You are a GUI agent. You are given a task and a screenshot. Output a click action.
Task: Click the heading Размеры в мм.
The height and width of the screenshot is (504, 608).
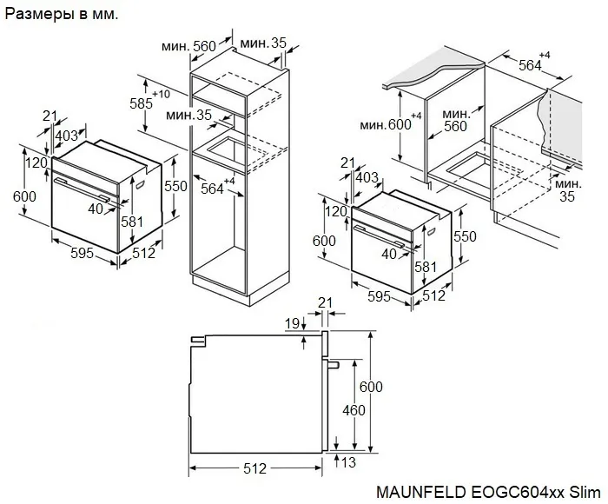63,15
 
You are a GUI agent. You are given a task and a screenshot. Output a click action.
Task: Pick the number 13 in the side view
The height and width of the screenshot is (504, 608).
349,463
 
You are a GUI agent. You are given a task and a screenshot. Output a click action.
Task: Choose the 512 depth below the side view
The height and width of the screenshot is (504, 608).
254,469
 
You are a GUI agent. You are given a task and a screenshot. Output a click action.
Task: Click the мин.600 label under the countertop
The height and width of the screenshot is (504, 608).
386,125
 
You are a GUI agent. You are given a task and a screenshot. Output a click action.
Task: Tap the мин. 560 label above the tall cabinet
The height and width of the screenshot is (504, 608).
192,46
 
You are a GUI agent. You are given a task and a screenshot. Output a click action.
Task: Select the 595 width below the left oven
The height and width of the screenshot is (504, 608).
76,254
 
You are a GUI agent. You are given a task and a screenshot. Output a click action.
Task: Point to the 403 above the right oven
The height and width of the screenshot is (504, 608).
367,177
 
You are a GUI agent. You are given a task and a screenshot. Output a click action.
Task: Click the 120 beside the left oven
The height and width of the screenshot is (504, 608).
36,162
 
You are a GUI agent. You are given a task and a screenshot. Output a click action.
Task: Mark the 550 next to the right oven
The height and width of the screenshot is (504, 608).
466,235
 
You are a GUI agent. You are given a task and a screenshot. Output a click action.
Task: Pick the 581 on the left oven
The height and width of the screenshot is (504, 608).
131,222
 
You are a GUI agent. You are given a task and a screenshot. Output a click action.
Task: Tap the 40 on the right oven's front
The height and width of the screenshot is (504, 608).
388,253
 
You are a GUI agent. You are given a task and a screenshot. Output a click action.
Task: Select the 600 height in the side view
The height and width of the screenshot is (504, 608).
372,388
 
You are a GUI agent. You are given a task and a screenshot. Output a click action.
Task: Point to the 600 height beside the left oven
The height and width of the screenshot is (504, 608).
25,196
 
